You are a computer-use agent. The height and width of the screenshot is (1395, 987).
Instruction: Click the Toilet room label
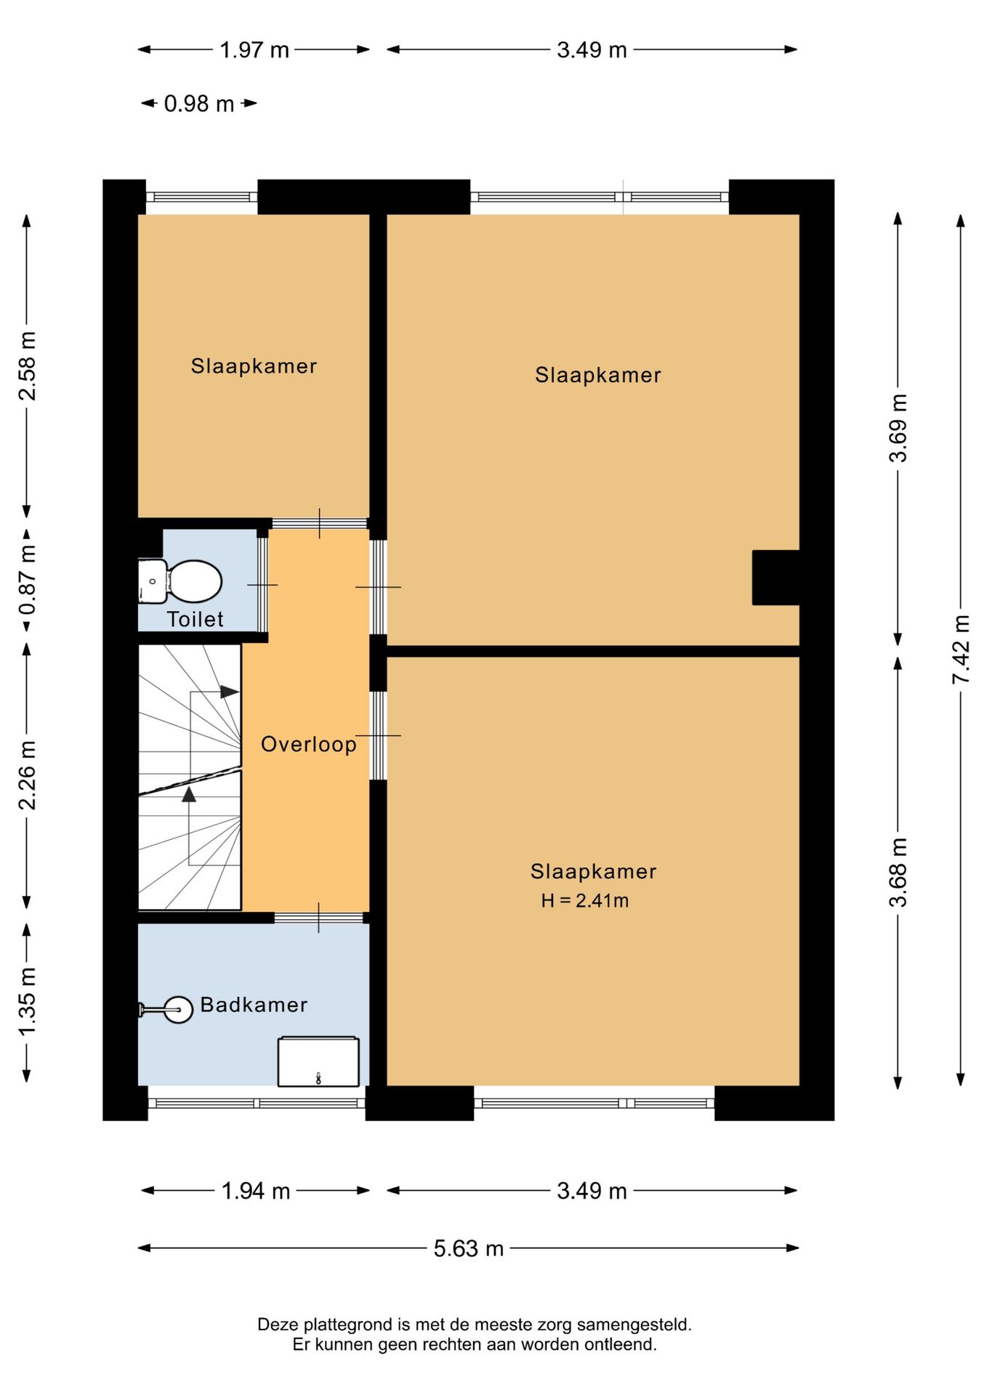coord(195,619)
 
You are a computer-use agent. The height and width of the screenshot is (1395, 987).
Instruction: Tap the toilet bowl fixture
coord(180,581)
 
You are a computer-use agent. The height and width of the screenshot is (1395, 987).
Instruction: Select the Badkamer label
coord(254,1005)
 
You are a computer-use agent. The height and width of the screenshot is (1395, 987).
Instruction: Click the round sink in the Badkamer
coord(177,1009)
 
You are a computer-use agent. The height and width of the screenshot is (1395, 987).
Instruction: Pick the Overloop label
coord(309,745)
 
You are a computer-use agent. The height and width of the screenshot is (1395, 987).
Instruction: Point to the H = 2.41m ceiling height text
coord(585,901)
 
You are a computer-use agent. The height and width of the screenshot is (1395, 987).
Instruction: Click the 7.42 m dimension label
coord(961,649)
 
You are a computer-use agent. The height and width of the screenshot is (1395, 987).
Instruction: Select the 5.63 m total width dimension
coord(469,1248)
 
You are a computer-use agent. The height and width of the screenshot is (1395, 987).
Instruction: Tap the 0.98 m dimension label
coord(199,104)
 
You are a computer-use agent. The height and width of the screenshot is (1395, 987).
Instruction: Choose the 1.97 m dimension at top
coord(254,50)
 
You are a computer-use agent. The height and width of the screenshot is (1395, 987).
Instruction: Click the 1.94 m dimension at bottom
coord(256,1191)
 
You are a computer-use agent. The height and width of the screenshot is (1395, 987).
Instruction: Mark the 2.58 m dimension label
coord(27,366)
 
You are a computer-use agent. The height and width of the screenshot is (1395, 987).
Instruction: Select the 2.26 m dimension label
coord(27,775)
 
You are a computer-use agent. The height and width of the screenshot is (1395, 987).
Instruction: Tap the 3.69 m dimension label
coord(898,428)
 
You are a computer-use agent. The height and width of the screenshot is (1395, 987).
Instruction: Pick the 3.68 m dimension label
coord(898,873)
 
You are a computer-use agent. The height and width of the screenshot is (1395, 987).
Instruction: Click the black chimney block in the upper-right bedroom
coord(776,578)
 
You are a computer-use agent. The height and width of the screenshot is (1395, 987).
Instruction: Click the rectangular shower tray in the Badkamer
coord(318,1062)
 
